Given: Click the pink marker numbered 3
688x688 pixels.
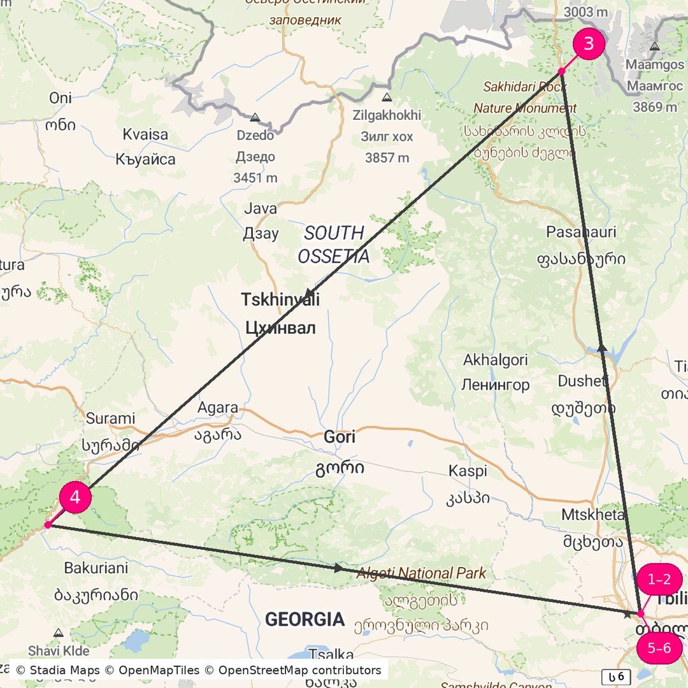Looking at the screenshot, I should pos(589,44).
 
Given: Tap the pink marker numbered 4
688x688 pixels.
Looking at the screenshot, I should pos(75,498).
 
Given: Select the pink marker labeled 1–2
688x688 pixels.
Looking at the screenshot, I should pos(659,580).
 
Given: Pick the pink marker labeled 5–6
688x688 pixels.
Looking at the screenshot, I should pos(659,649).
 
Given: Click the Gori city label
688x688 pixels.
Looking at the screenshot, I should pos(340,437).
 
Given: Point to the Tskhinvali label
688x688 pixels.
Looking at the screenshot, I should pos(280,299).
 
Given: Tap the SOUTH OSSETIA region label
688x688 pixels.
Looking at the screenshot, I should pos(333,245).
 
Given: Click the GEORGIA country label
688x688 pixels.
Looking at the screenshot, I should pos(305,619).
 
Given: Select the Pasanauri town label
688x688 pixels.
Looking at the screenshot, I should pos(581,232).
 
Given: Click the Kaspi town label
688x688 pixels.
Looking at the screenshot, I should pos(468,471).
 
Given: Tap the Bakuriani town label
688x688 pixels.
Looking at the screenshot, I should pos(96,568).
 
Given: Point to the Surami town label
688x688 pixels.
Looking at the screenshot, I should pos(111,419).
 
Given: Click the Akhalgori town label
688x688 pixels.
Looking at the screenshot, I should pos(496,360).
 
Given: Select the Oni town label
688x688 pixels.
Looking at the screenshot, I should pos(61,98).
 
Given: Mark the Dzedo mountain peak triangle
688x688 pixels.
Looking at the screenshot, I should pos(255,118).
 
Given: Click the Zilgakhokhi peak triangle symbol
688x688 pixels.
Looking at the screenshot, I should pos(387,98).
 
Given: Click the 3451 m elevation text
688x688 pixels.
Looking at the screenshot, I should pos(255,178).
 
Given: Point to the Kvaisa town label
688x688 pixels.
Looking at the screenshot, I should pos(145,134).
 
